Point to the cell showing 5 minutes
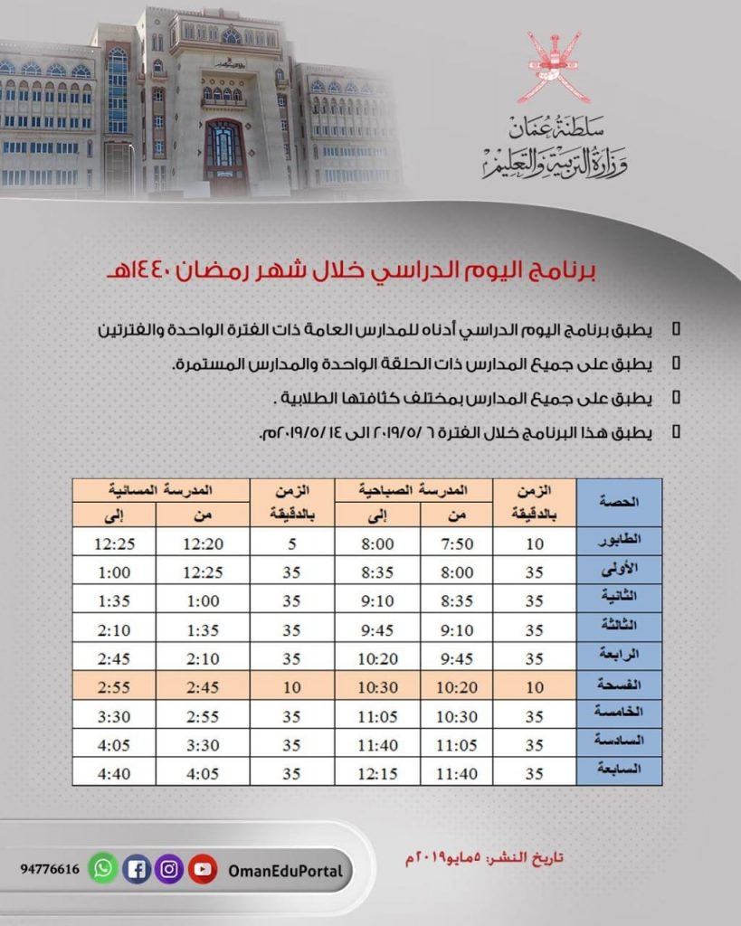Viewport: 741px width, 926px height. click(291, 543)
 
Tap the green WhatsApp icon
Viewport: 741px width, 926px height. click(103, 870)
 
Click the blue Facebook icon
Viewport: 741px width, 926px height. click(137, 870)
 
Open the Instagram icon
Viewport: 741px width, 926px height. click(170, 870)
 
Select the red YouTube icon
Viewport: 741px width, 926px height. click(204, 870)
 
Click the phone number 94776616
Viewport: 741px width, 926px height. click(50, 870)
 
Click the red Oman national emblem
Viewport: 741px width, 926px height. click(559, 66)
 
